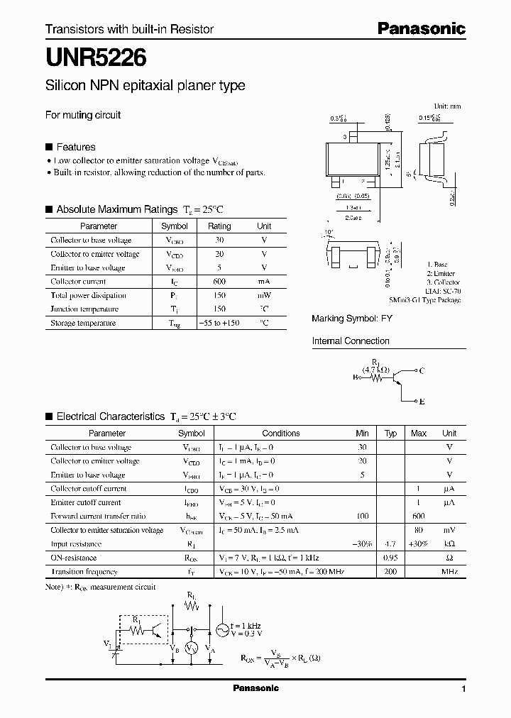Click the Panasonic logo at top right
pos(421,29)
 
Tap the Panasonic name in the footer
pos(255,688)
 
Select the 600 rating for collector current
pos(219,282)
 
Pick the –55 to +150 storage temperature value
pos(219,323)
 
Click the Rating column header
pos(219,226)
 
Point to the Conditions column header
pos(281,433)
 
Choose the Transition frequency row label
pos(84,572)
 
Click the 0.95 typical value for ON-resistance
pos(390,558)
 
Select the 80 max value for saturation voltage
pos(419,530)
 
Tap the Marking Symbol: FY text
pos(352,319)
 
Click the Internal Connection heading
pos(351,341)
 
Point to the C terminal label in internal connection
pos(422,371)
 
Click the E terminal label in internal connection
pos(422,402)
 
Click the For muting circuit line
pos(83,115)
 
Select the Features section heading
pos(75,147)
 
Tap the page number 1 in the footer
pos(463,689)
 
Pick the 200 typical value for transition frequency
pos(390,572)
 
